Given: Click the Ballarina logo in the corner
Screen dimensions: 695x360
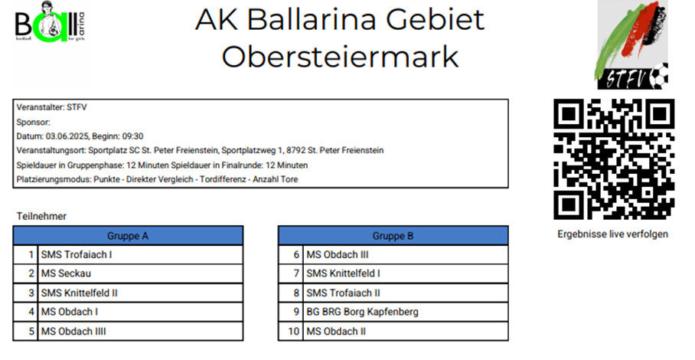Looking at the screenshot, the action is pyautogui.click(x=50, y=22).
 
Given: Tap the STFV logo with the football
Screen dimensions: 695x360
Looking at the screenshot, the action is pyautogui.click(x=632, y=44).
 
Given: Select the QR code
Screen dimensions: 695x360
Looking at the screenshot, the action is pyautogui.click(x=614, y=159).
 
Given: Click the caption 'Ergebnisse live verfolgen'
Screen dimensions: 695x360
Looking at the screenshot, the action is pyautogui.click(x=612, y=234).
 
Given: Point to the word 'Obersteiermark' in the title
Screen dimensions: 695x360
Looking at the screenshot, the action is pyautogui.click(x=340, y=57).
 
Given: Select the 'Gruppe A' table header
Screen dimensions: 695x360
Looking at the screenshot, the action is pyautogui.click(x=128, y=236).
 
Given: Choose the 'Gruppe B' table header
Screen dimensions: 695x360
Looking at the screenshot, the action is pyautogui.click(x=393, y=236).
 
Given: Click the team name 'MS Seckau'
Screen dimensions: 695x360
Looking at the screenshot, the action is pyautogui.click(x=66, y=273).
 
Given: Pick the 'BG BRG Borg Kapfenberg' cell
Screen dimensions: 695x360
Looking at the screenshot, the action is pyautogui.click(x=362, y=312).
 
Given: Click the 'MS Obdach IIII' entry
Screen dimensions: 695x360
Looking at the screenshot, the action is pyautogui.click(x=73, y=331).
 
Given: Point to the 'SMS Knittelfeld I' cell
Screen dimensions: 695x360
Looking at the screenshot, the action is pyautogui.click(x=343, y=273).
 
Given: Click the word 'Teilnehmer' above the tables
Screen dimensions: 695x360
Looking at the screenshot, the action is pyautogui.click(x=41, y=216).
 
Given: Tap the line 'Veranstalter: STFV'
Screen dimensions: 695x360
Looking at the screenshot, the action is pyautogui.click(x=52, y=107).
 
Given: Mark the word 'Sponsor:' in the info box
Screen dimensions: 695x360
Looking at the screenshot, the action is pyautogui.click(x=33, y=122).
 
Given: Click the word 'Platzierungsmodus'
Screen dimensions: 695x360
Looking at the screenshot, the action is pyautogui.click(x=54, y=179).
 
